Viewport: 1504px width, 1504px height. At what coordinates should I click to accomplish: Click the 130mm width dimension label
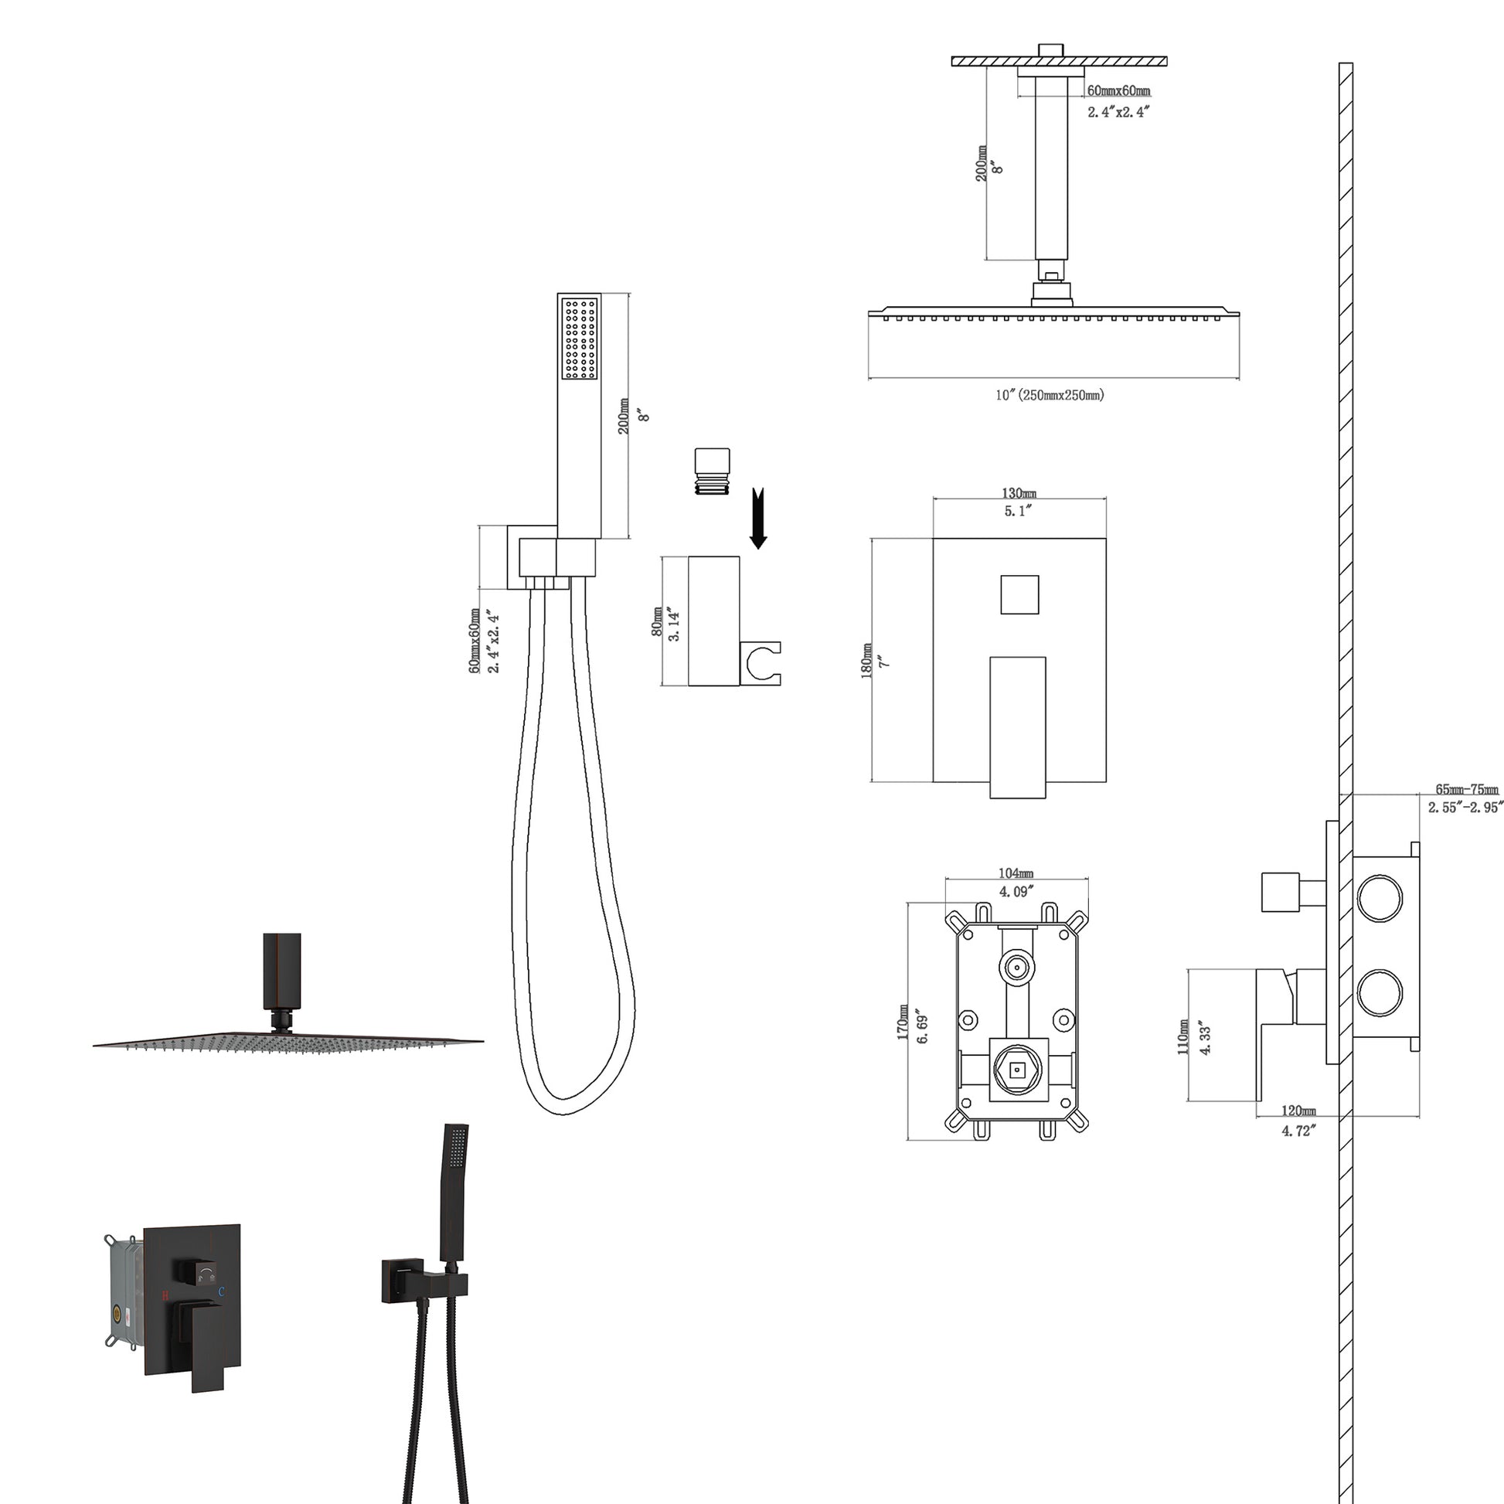click(x=1018, y=494)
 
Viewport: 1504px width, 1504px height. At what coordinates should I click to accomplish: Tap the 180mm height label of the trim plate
click(x=866, y=661)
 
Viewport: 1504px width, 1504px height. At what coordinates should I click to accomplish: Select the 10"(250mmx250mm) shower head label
click(x=1050, y=395)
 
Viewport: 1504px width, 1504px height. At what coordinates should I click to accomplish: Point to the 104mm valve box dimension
click(x=1016, y=873)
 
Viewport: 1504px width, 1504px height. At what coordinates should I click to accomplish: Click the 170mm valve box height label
click(x=903, y=1023)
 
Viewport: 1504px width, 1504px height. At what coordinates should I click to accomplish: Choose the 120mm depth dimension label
click(x=1298, y=1111)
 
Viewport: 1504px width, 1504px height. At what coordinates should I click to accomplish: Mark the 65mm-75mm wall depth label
click(x=1467, y=789)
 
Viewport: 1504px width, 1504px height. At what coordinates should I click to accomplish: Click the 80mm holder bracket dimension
click(x=657, y=622)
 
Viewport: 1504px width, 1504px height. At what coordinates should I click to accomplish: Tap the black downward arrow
click(x=758, y=519)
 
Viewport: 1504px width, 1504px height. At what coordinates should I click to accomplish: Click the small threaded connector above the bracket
click(x=713, y=471)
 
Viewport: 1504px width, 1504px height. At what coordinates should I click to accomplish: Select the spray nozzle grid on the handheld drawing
click(x=580, y=339)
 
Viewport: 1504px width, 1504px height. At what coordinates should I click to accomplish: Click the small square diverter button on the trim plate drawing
click(x=1019, y=595)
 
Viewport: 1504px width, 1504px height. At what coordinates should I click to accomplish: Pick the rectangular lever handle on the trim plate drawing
click(x=1017, y=726)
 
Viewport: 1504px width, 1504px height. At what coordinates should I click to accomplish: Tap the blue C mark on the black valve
click(x=221, y=1291)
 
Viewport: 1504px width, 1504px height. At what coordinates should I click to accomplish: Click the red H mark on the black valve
click(x=165, y=1295)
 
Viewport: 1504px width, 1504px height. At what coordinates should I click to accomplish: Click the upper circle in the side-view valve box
click(x=1380, y=898)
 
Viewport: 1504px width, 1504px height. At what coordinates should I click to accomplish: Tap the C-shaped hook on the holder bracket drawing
click(x=762, y=664)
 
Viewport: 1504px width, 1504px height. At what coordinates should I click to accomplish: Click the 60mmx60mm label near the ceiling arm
click(x=1118, y=91)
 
